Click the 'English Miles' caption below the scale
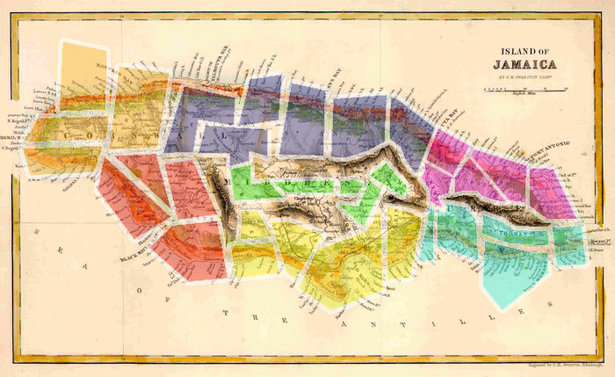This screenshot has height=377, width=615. click(x=525, y=95)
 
